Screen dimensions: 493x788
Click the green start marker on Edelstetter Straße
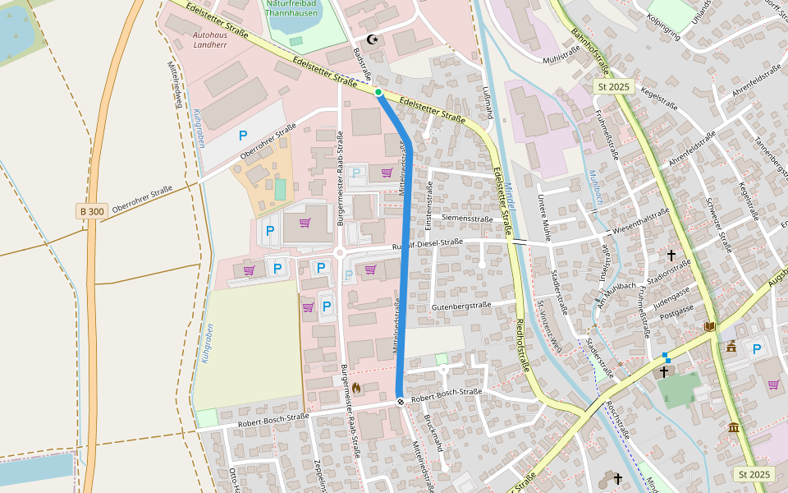pyautogui.click(x=378, y=92)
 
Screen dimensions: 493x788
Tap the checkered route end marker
pyautogui.click(x=400, y=402)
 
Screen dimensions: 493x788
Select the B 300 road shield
pyautogui.click(x=92, y=211)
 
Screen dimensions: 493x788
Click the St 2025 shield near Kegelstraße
pyautogui.click(x=612, y=86)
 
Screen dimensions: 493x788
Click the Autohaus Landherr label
pyautogui.click(x=209, y=40)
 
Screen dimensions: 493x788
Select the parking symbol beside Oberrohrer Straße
pyautogui.click(x=242, y=135)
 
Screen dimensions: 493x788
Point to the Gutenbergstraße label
pyautogui.click(x=460, y=306)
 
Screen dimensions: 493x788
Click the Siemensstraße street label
pyautogui.click(x=467, y=219)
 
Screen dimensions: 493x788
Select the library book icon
pyautogui.click(x=709, y=326)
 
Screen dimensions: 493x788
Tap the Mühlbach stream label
pyautogui.click(x=595, y=187)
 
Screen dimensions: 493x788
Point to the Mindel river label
pyautogui.click(x=510, y=197)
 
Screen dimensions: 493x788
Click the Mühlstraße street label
pyautogui.click(x=561, y=59)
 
